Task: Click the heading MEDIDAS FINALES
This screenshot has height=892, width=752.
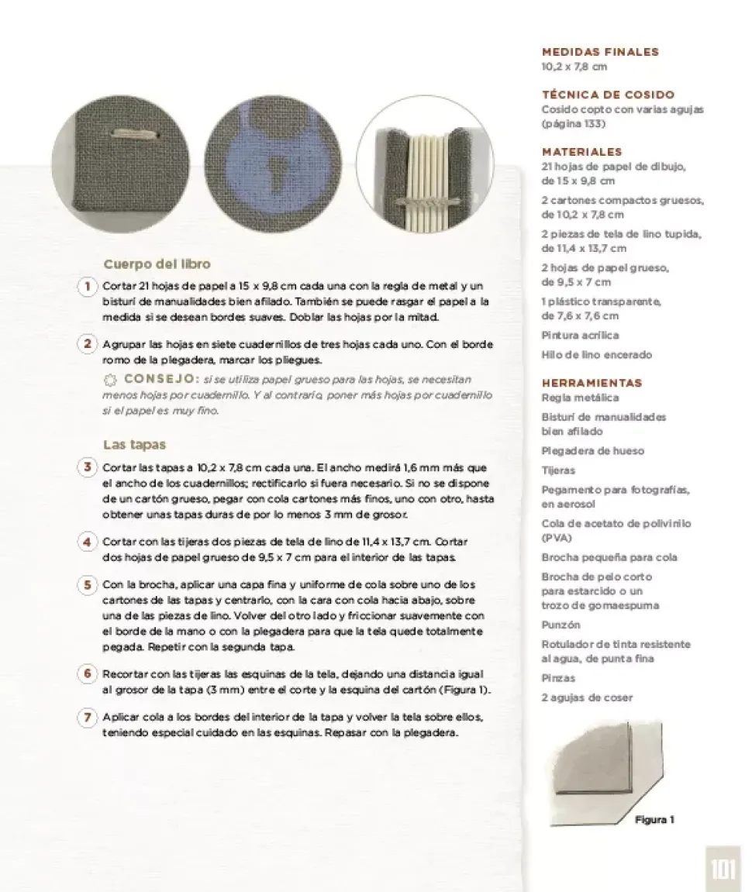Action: (599, 52)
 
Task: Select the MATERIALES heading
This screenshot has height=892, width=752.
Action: (581, 152)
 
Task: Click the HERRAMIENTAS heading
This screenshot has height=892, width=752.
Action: (592, 383)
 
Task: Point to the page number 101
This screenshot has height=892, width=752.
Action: (723, 870)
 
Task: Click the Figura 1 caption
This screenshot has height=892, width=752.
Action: (654, 819)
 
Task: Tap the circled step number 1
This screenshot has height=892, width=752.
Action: (88, 286)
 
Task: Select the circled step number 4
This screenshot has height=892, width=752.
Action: (88, 542)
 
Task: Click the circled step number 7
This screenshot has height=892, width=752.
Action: (88, 717)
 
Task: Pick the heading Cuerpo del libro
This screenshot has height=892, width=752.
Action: (157, 264)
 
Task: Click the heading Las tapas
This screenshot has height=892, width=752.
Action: (135, 445)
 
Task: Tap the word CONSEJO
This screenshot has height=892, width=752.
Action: (162, 379)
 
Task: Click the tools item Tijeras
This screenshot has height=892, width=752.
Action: (558, 470)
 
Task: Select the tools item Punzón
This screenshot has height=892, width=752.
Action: (561, 625)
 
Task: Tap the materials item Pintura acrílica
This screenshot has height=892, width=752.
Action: (580, 336)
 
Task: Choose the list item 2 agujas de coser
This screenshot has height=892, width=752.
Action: (587, 697)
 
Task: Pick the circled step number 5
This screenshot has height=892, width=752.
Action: (88, 584)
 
